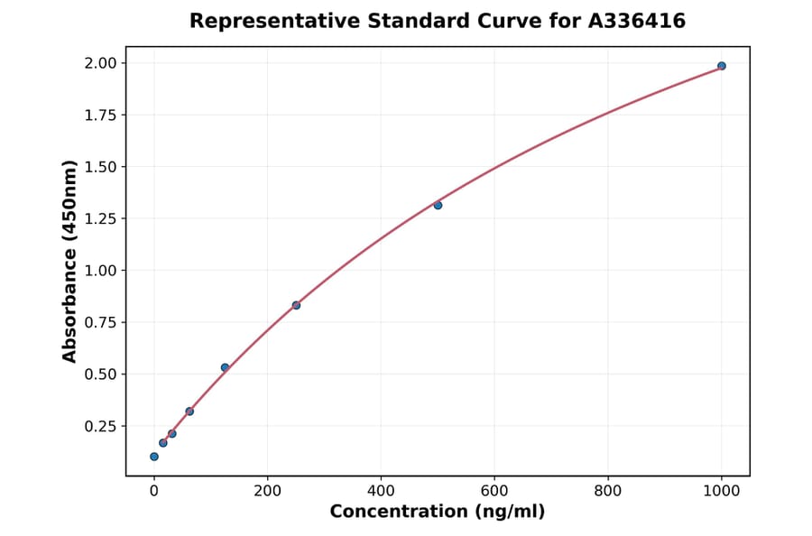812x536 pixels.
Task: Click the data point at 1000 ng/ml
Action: point(721,66)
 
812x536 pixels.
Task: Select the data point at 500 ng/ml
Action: point(438,205)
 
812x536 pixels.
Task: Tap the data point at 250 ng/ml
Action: point(296,305)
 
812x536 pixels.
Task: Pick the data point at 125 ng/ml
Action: point(225,367)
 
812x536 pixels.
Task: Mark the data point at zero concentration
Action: point(154,457)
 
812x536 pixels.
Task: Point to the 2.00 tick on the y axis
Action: point(101,63)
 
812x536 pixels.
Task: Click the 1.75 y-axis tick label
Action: point(101,116)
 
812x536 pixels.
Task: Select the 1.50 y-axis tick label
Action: point(101,167)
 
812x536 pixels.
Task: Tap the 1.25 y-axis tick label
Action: point(101,219)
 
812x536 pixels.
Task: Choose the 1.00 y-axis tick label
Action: point(101,271)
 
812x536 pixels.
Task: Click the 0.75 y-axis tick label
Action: point(101,323)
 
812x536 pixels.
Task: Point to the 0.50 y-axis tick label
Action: point(101,374)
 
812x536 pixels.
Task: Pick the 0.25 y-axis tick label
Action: point(101,427)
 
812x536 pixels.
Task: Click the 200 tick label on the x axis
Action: point(267,492)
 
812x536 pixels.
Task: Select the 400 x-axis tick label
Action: point(381,492)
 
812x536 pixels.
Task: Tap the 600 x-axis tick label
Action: point(494,492)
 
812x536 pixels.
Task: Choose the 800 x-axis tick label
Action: point(608,492)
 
